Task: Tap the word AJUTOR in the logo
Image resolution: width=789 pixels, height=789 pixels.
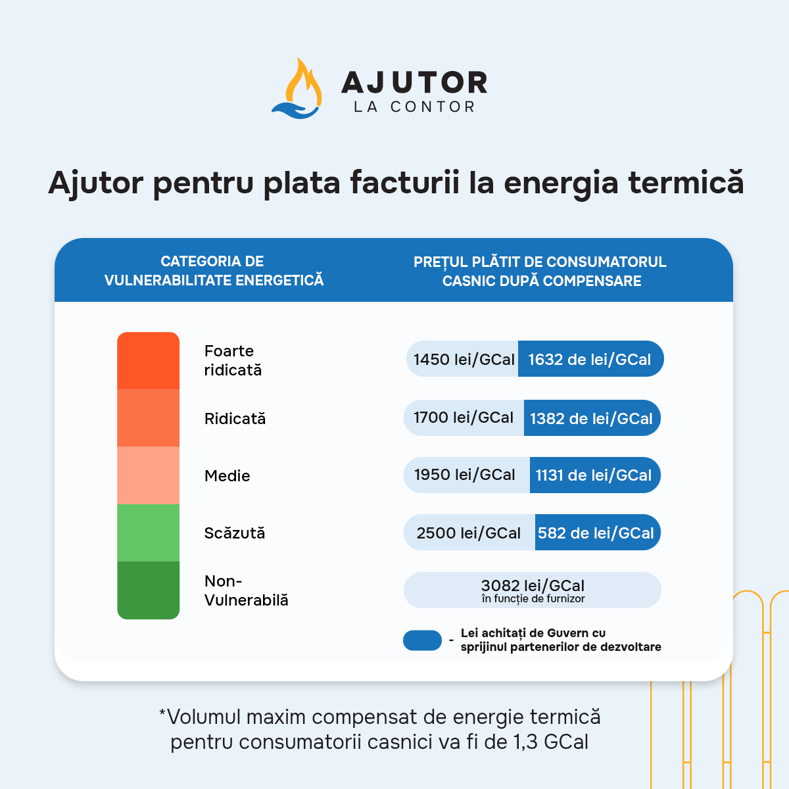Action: [x=414, y=82]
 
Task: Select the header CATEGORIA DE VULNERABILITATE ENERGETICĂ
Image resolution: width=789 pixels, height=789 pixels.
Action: [x=214, y=271]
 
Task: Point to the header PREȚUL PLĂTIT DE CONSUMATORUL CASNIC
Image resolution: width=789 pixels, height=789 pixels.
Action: [x=540, y=271]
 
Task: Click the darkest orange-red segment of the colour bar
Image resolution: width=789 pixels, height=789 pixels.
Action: [x=148, y=360]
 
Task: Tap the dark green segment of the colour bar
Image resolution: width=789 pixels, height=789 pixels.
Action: [x=148, y=590]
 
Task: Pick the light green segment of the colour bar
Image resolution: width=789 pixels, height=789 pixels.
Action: [x=148, y=533]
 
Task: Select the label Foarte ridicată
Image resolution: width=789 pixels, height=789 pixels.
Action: [x=233, y=360]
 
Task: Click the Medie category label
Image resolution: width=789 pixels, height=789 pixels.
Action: [x=227, y=475]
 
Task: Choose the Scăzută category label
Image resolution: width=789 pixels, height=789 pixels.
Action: [x=235, y=533]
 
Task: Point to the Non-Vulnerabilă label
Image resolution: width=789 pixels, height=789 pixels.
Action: [x=246, y=590]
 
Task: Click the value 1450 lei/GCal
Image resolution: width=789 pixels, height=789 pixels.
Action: [x=464, y=359]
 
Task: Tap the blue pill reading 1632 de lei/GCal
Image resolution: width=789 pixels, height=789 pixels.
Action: [x=591, y=359]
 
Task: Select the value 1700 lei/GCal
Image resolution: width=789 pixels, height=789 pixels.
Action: [x=463, y=418]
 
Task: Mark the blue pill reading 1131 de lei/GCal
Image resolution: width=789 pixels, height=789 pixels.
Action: [x=595, y=475]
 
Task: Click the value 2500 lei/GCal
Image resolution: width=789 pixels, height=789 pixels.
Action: [x=468, y=533]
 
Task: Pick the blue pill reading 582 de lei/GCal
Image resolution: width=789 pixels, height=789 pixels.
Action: [x=598, y=533]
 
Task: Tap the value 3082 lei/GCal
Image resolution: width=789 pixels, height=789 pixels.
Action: [x=533, y=586]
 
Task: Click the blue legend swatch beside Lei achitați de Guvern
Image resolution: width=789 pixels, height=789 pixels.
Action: [x=422, y=640]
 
